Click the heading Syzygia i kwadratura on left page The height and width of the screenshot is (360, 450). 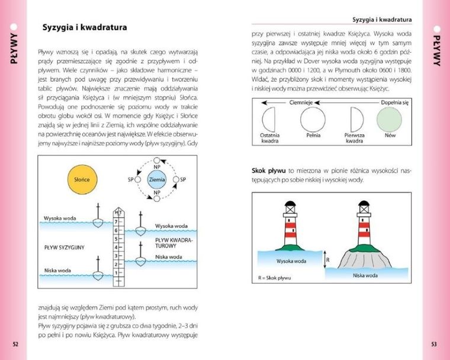(85, 27)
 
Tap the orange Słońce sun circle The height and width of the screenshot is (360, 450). (82, 179)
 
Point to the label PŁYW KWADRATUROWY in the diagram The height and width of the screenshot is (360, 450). (175, 242)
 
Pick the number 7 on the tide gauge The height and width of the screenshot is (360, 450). (117, 221)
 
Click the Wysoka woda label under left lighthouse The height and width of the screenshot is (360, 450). (291, 261)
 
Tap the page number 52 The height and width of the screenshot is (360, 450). (15, 343)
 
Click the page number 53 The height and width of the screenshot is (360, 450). (433, 343)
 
